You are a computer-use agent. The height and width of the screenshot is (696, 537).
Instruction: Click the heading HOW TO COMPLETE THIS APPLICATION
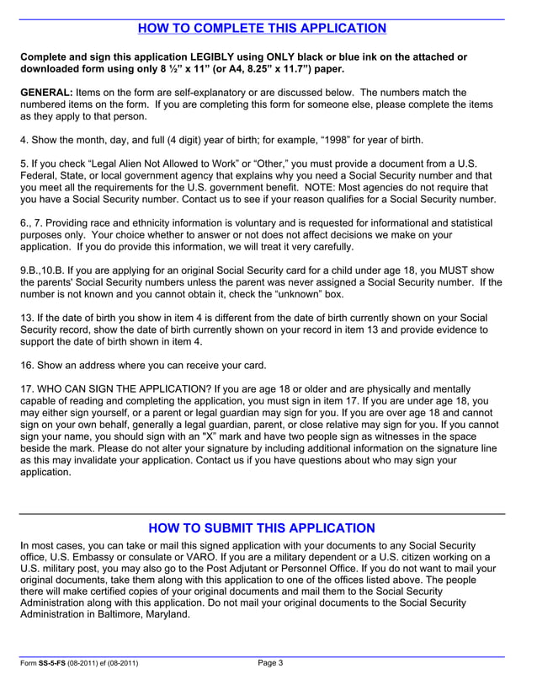[262, 29]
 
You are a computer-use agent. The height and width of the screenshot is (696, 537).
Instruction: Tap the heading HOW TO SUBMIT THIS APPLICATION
[262, 528]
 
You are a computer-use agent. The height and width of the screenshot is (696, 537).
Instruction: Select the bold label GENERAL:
[46, 92]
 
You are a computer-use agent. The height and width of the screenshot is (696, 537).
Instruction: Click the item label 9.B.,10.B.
[46, 270]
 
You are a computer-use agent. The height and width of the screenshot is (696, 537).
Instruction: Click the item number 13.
[26, 318]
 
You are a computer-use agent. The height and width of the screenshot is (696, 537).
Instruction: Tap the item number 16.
[26, 365]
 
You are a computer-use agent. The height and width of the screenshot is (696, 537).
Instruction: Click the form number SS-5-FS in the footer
[56, 664]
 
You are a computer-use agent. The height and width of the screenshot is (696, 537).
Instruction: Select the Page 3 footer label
[270, 663]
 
